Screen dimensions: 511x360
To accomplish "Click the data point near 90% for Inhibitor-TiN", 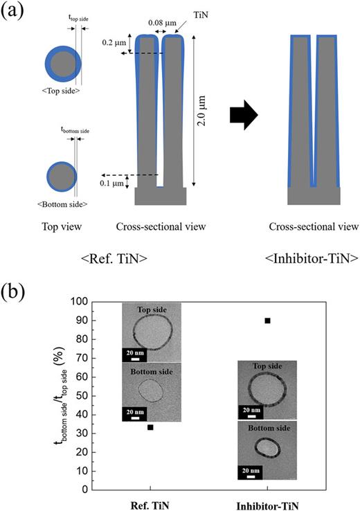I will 267,321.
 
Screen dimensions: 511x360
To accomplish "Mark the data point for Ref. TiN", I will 150,427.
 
